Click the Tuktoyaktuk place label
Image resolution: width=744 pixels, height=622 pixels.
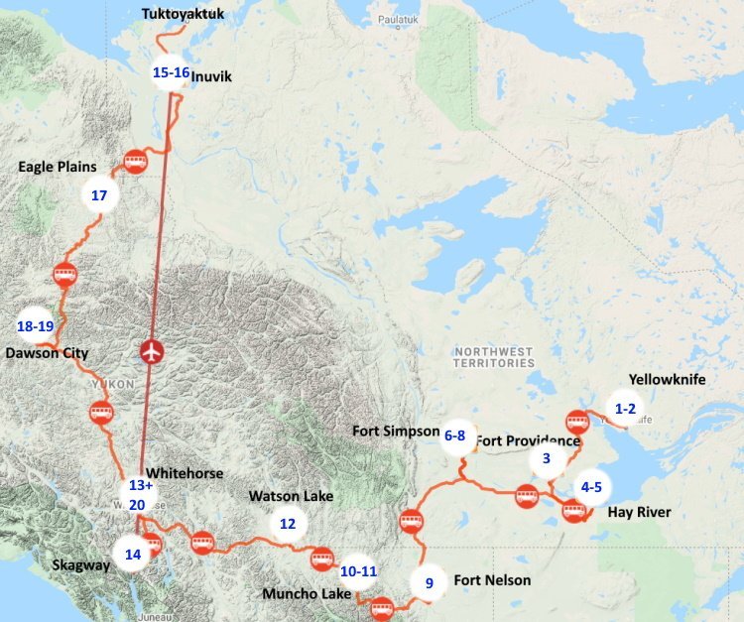coord(185,14)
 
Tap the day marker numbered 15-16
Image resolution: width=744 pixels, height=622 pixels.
coord(171,72)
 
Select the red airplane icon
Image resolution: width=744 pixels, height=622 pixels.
coord(151,351)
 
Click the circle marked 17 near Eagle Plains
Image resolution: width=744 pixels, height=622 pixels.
coord(98,195)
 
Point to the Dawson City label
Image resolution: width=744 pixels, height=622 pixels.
coord(47,353)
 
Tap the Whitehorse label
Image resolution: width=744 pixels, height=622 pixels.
coord(184,473)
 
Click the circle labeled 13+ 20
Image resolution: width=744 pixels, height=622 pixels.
coord(137,495)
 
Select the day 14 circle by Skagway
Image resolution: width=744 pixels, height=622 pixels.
coord(131,554)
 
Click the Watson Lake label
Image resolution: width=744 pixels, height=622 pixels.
coord(291,495)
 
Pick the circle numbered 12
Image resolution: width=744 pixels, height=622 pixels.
coord(288,523)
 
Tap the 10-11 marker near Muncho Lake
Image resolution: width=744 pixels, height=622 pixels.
coord(358,571)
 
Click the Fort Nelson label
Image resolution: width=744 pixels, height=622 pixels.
coord(492,580)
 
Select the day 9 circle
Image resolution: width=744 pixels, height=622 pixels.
coord(430,583)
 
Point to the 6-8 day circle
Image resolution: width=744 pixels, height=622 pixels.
coord(455,435)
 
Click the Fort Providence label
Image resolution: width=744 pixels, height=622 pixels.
coord(528,440)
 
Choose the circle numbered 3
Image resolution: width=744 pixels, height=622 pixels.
coord(547,459)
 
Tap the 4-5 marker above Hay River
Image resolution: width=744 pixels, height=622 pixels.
coord(591,487)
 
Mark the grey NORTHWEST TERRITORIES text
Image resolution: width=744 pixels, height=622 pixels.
coord(493,358)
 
